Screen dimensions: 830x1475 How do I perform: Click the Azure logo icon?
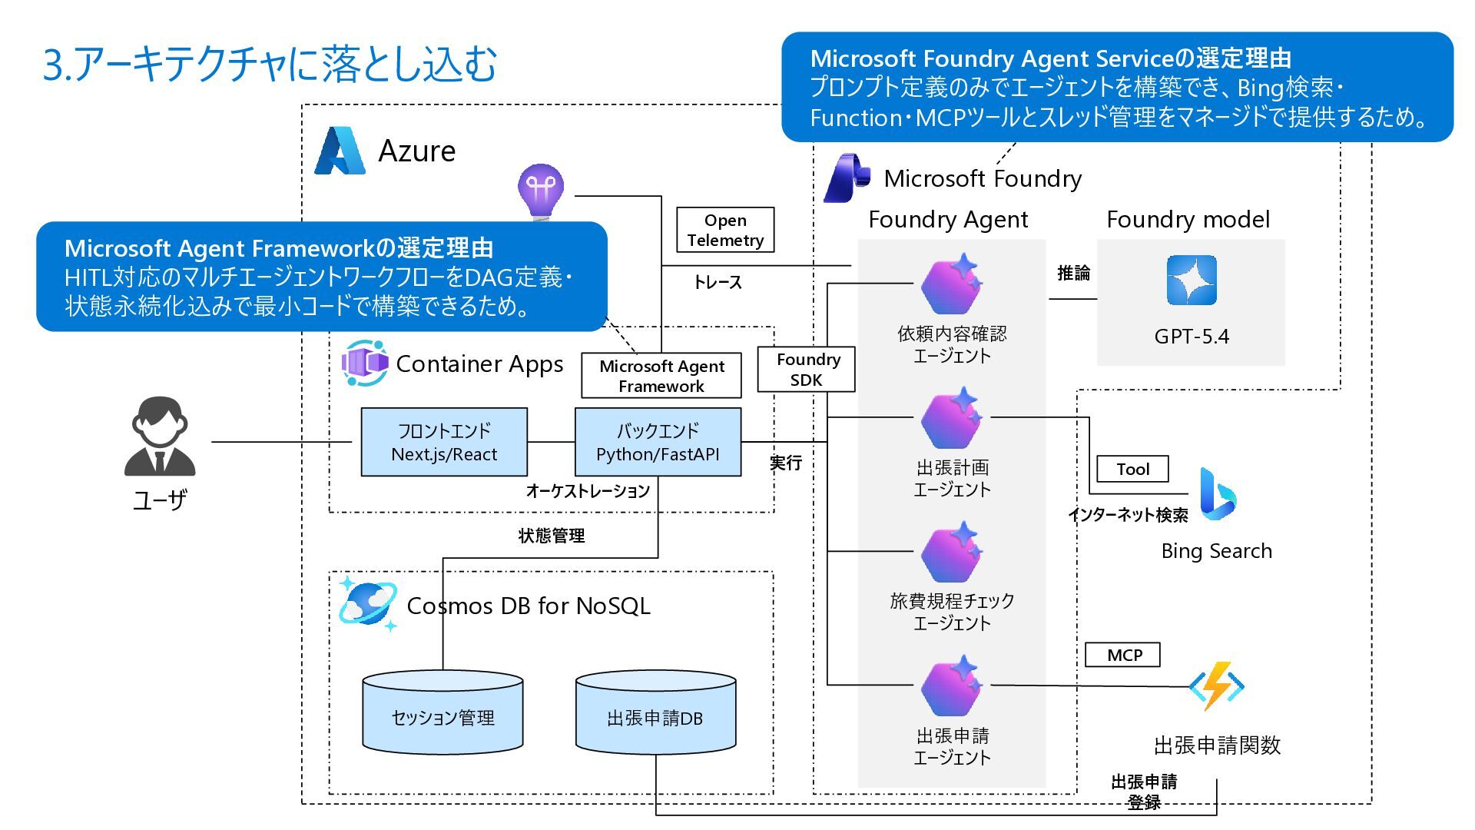coord(340,151)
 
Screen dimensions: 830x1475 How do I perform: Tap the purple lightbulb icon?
coord(541,190)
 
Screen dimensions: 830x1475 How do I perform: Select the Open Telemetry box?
coord(725,230)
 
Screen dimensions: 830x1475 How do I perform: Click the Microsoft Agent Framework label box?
coord(661,376)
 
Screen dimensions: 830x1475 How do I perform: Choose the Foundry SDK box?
coord(806,370)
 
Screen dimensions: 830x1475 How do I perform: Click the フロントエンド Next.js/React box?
coord(444,443)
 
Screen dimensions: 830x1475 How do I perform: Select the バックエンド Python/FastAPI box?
coord(658,443)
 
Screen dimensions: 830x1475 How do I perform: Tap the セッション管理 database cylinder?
coord(442,712)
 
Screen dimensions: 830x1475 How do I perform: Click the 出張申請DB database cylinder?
coord(655,712)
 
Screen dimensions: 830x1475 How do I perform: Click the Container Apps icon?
coord(365,363)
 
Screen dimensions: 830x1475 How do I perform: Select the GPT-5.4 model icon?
coord(1192,281)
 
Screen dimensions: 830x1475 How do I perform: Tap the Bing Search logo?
coord(1217,493)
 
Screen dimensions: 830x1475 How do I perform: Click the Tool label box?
coord(1132,469)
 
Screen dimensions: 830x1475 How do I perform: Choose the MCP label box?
coord(1122,655)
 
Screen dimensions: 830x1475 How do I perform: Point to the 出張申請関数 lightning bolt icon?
coord(1216,686)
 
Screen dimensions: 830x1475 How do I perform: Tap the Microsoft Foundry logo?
coord(847,178)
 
